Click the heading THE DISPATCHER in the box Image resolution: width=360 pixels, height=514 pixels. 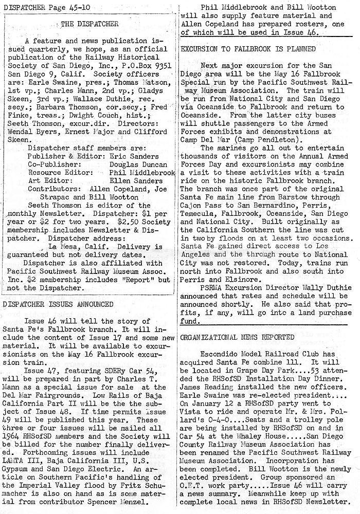point(89,23)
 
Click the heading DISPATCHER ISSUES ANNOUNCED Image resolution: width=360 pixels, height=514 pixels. point(58,304)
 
